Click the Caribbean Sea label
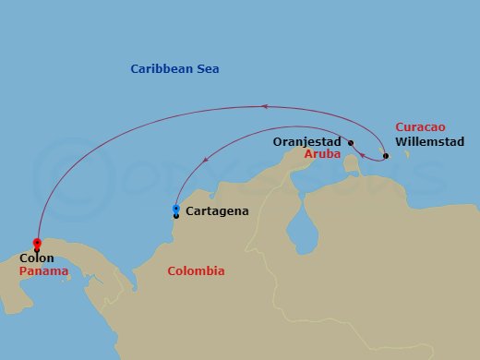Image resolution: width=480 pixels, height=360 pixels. pyautogui.click(x=174, y=69)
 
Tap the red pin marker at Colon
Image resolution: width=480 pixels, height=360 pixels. pyautogui.click(x=37, y=237)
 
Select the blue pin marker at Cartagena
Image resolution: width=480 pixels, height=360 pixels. pyautogui.click(x=176, y=210)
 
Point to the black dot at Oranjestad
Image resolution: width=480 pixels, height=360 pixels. pyautogui.click(x=351, y=142)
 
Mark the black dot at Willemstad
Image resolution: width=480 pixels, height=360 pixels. pyautogui.click(x=386, y=155)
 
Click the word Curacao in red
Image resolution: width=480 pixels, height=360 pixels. pyautogui.click(x=420, y=127)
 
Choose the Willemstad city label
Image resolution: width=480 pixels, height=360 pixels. pyautogui.click(x=429, y=142)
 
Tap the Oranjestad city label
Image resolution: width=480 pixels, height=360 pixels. pyautogui.click(x=309, y=142)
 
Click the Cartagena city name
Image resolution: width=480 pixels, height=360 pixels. pyautogui.click(x=217, y=211)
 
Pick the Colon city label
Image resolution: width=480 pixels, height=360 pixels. pyautogui.click(x=37, y=258)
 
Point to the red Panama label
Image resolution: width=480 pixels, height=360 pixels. pyautogui.click(x=42, y=272)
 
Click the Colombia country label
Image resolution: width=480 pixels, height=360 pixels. pyautogui.click(x=196, y=271)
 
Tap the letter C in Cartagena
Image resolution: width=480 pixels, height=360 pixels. pyautogui.click(x=189, y=211)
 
